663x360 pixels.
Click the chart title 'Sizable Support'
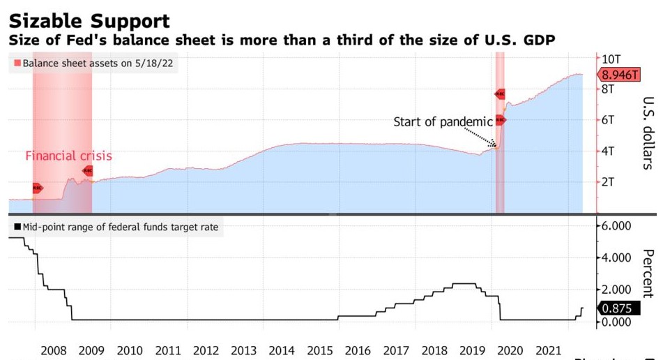click(x=89, y=19)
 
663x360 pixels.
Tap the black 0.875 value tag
click(x=617, y=308)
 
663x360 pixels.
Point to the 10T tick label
click(x=612, y=59)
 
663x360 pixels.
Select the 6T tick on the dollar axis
click(x=609, y=120)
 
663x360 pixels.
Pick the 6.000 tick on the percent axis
click(x=616, y=226)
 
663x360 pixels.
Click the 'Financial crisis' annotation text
click(x=68, y=156)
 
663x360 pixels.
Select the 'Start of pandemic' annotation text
click(x=443, y=122)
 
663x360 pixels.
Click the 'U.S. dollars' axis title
click(x=648, y=133)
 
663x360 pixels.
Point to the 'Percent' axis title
click(x=648, y=273)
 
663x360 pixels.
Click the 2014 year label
click(x=282, y=350)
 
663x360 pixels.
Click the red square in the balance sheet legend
click(x=17, y=63)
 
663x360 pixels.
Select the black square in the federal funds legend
click(x=17, y=227)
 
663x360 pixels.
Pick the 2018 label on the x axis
click(x=434, y=350)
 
